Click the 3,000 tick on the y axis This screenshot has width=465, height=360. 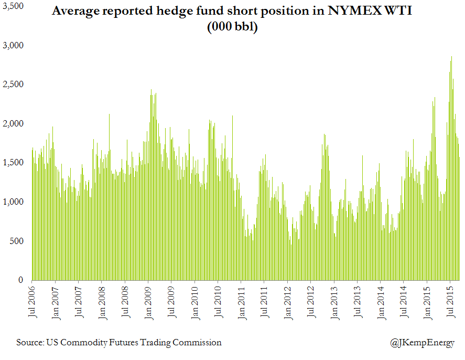click(12, 46)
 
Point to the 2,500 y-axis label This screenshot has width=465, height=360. click(12, 84)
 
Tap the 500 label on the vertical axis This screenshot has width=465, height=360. click(16, 241)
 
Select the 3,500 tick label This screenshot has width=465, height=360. click(12, 6)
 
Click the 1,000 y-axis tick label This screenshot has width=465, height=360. click(12, 202)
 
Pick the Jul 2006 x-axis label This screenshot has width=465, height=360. click(32, 302)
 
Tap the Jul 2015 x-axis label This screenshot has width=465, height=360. click(450, 302)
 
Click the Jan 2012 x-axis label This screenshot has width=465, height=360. click(287, 302)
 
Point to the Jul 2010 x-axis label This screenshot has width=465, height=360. click(218, 302)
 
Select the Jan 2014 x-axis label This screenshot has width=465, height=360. click(380, 302)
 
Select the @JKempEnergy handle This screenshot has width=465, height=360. click(422, 343)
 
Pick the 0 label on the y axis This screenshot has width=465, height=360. click(21, 280)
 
